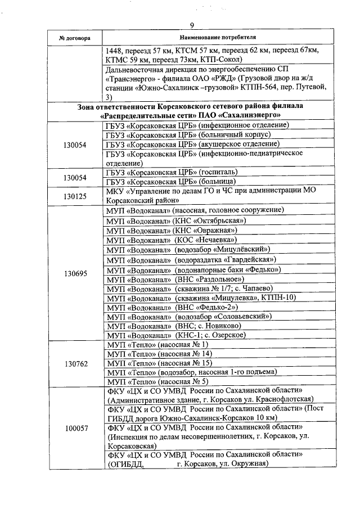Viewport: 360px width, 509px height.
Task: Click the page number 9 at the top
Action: pyautogui.click(x=191, y=25)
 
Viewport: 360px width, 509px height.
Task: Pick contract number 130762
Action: pyautogui.click(x=75, y=363)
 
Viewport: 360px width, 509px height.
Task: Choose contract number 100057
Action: pyautogui.click(x=75, y=428)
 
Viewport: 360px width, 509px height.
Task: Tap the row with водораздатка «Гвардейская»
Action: pyautogui.click(x=191, y=259)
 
